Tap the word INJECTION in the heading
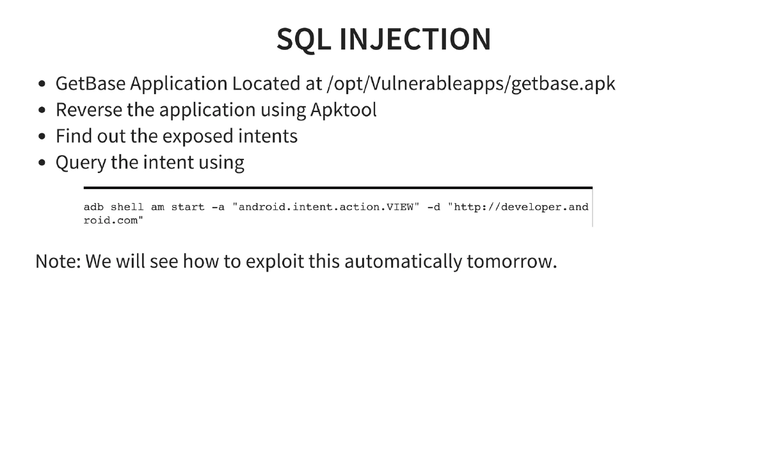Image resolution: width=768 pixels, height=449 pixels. click(x=415, y=40)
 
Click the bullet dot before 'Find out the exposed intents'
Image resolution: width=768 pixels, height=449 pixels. click(x=42, y=137)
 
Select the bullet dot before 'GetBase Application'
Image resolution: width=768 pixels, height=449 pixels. click(x=42, y=84)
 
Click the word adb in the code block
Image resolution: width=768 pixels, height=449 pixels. click(x=93, y=207)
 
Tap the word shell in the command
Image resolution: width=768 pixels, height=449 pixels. click(x=127, y=207)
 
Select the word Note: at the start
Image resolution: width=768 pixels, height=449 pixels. click(x=58, y=261)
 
